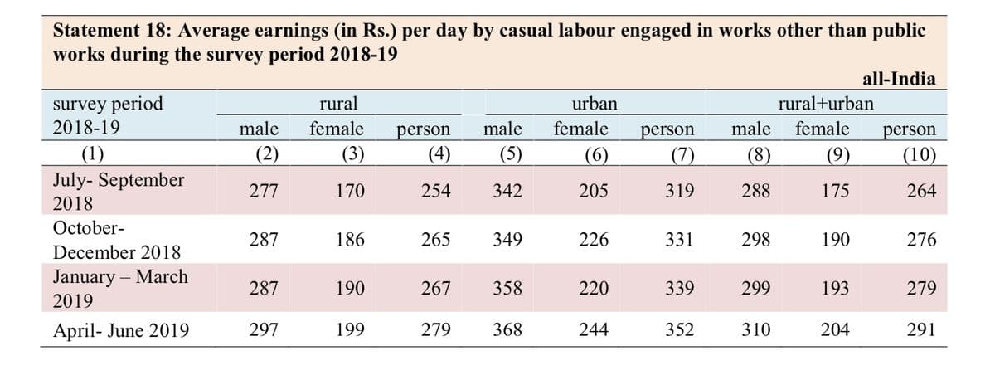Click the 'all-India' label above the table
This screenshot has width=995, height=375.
899,79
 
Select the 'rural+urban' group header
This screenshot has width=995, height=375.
826,104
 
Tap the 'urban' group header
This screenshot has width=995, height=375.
595,104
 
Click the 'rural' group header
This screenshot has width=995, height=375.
338,104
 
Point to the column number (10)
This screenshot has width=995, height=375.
919,154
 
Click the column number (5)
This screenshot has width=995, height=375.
511,154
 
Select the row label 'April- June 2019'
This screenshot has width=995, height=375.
121,330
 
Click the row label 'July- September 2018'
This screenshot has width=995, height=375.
118,192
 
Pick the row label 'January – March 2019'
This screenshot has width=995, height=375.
120,289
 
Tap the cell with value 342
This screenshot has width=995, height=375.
507,191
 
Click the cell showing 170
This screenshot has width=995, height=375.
350,191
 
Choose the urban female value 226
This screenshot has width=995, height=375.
594,240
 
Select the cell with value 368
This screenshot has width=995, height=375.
507,329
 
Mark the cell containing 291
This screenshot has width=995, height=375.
921,329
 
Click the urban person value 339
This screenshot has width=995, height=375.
680,289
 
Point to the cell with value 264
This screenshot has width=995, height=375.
921,191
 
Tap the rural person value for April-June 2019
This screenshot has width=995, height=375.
436,329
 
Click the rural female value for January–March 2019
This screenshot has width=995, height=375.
350,289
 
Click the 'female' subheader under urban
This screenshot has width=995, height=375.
580,129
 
